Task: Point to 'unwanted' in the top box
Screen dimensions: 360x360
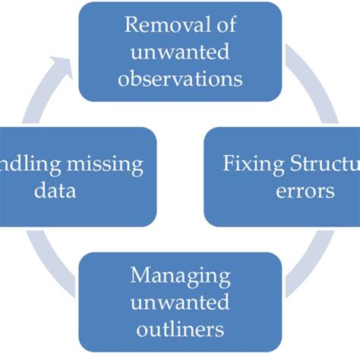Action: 180,52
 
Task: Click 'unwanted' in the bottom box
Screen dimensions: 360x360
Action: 180,303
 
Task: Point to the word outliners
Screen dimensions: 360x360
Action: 180,330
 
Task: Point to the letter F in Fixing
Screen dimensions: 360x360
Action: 227,163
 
